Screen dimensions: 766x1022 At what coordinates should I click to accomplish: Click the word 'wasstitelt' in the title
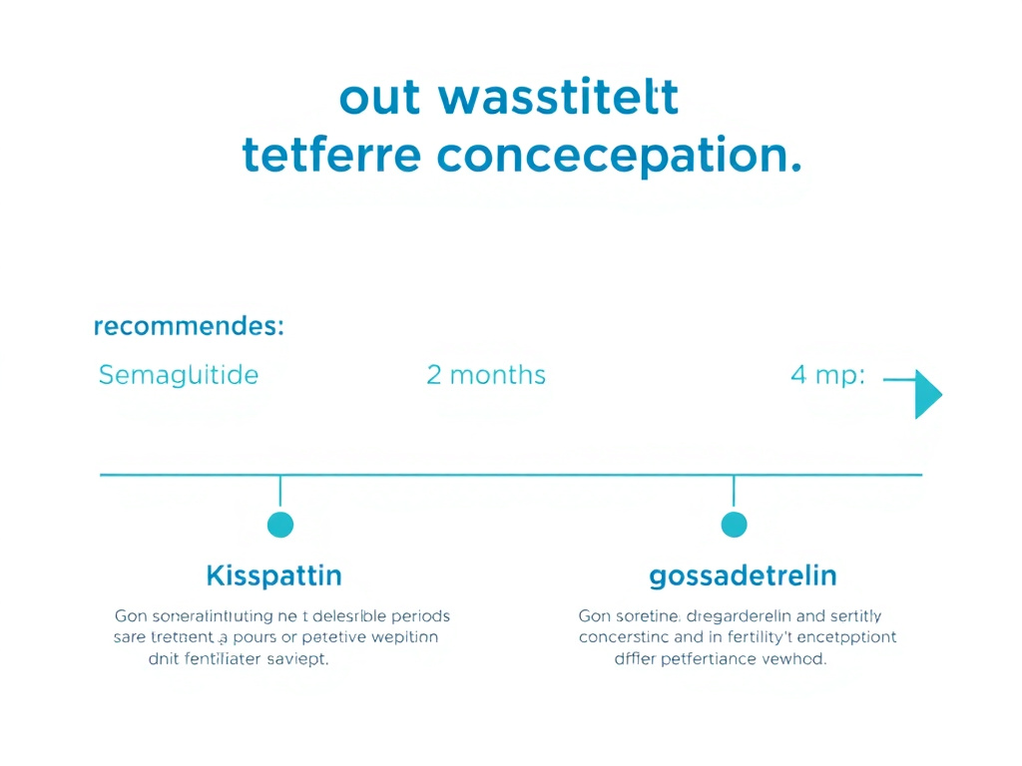(x=559, y=100)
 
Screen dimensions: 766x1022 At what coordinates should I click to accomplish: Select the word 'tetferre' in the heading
(x=330, y=157)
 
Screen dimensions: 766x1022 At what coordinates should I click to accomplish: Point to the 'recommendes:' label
(x=189, y=326)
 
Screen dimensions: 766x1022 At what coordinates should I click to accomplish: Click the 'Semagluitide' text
(x=179, y=375)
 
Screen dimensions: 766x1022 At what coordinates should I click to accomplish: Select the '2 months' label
(x=486, y=375)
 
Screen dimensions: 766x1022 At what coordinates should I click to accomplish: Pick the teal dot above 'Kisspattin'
(x=280, y=524)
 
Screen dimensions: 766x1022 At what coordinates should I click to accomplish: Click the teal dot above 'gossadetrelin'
(x=734, y=524)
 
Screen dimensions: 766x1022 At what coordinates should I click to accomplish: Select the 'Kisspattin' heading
(x=273, y=575)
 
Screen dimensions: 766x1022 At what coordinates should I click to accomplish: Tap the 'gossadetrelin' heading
(x=743, y=575)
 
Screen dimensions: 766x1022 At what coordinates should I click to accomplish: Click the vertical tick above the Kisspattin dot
(x=280, y=491)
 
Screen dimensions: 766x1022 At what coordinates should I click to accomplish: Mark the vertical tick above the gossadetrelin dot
(x=734, y=491)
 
